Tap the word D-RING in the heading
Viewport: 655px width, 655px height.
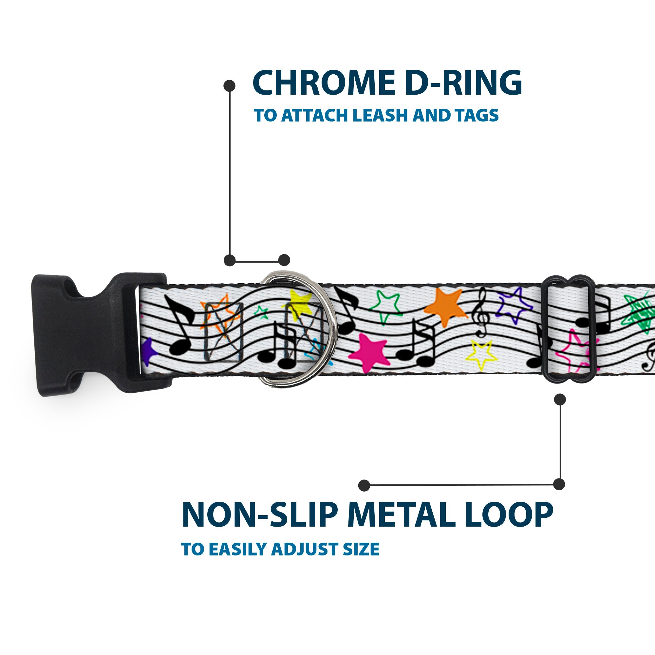[x=463, y=83]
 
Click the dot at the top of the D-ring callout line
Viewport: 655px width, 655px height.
[x=230, y=86]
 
